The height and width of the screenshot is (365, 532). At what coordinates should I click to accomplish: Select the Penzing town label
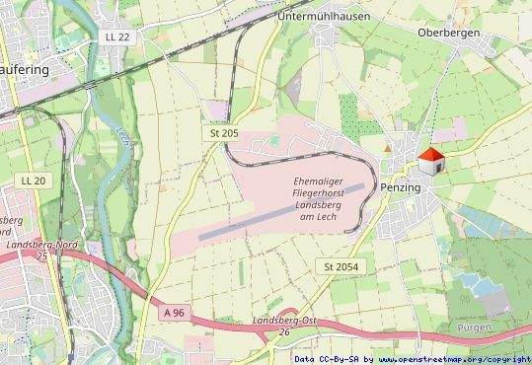400,187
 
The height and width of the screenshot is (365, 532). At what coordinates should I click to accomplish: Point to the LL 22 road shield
115,36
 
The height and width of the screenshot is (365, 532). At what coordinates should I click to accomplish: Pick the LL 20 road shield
33,181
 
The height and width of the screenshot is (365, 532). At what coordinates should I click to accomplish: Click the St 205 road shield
223,132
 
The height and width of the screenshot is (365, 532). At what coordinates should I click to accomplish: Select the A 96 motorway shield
175,313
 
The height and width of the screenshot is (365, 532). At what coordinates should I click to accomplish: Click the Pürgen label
475,327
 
